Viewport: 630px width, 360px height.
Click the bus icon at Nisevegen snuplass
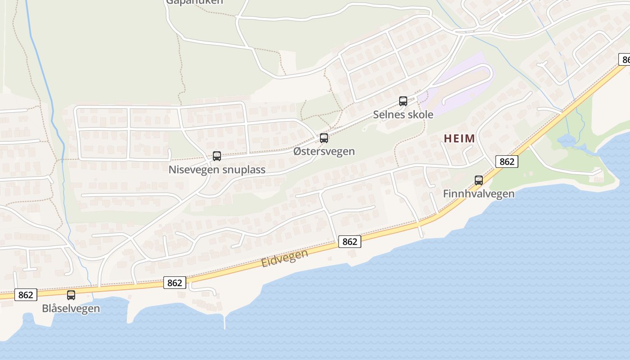(217, 156)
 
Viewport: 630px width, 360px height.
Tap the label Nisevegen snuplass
(217, 170)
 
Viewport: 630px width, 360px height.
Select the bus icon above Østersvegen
(324, 138)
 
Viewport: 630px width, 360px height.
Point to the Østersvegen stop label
(324, 151)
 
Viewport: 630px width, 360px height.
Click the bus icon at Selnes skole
(403, 101)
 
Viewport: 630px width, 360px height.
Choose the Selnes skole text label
(403, 114)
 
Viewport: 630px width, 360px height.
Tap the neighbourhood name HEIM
(459, 139)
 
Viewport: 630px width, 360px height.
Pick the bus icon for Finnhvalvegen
(479, 180)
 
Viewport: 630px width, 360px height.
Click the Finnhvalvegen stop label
(479, 193)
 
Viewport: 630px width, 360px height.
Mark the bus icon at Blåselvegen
(71, 295)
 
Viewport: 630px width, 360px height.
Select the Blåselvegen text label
(71, 308)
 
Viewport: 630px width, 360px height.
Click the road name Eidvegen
(285, 258)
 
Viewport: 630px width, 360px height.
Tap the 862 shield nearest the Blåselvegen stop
(26, 295)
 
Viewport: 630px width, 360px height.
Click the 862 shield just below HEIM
(507, 162)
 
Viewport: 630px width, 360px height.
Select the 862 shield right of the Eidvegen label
(350, 242)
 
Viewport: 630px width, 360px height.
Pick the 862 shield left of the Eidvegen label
(174, 283)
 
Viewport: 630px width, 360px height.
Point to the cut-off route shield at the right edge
(625, 59)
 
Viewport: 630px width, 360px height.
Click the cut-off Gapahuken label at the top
(194, 2)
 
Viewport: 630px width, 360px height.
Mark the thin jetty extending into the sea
(225, 322)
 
